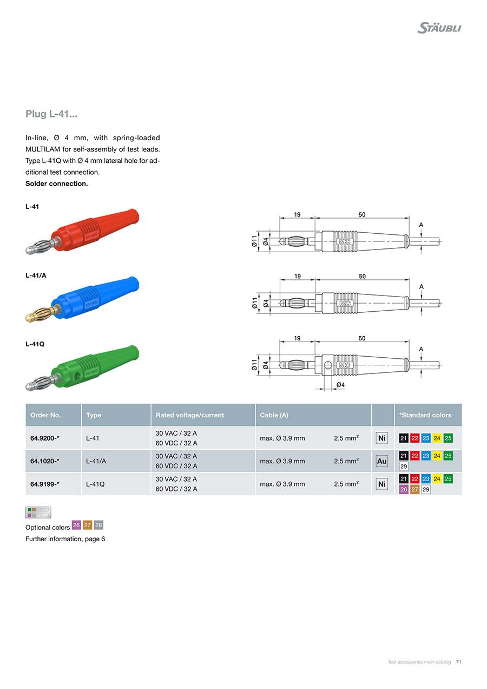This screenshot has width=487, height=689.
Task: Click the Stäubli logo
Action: (x=439, y=28)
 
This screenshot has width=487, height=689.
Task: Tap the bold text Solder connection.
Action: (x=56, y=183)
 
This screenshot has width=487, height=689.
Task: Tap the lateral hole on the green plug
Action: (x=76, y=375)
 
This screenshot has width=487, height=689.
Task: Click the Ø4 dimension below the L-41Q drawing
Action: (x=340, y=385)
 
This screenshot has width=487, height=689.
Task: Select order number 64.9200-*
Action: (x=45, y=438)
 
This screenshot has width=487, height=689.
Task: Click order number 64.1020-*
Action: (x=45, y=461)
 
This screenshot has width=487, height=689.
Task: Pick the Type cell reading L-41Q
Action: (x=95, y=484)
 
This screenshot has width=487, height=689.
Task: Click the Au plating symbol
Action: (x=382, y=461)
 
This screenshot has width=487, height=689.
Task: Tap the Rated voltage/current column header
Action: (x=189, y=415)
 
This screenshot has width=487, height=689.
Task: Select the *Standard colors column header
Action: (x=425, y=415)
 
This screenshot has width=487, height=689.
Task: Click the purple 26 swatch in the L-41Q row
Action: (x=403, y=489)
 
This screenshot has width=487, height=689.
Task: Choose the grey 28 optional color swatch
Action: (x=98, y=524)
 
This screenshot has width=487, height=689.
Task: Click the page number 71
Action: (x=458, y=662)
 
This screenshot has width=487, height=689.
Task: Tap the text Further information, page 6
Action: (x=65, y=539)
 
